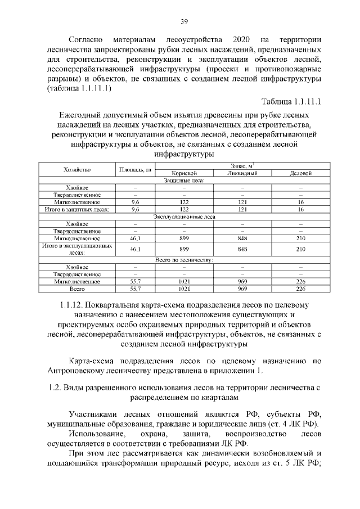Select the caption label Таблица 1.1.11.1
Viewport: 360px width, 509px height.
(291, 102)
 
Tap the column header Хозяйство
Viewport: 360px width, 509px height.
(77, 169)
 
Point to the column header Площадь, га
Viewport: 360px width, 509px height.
(135, 169)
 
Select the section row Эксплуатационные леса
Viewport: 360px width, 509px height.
(183, 216)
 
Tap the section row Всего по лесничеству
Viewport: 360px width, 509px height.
(183, 259)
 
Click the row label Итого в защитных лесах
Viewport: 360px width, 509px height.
(77, 209)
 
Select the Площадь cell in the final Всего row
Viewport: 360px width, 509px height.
(135, 289)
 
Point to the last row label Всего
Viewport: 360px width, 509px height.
(77, 289)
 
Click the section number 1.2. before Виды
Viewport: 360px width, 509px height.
(55, 388)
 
